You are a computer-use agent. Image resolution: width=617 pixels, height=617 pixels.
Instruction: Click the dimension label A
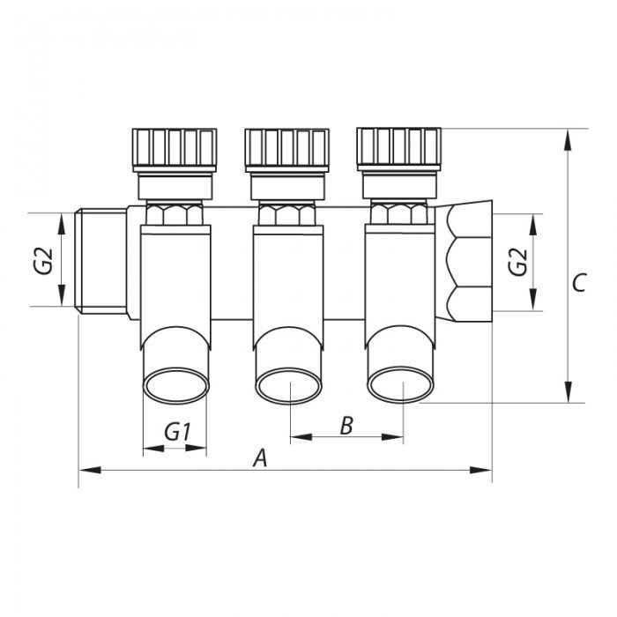[x=259, y=457]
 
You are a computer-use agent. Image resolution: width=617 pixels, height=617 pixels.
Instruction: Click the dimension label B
[x=346, y=426]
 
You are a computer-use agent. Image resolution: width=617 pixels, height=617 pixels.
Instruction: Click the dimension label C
[x=579, y=283]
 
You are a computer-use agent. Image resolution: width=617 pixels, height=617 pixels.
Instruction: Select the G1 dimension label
[x=178, y=433]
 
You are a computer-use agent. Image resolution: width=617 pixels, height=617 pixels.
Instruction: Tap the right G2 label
[x=519, y=262]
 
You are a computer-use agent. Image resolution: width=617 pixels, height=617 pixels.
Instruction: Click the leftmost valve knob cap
[x=174, y=147]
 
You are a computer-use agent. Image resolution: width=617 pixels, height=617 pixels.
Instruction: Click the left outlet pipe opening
[x=176, y=385]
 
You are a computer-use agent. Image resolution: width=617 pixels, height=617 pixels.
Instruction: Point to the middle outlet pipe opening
[x=288, y=385]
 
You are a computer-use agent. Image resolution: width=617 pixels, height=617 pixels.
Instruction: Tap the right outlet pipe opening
[x=401, y=384]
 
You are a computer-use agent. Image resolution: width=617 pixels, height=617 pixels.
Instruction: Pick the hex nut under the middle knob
[x=287, y=213]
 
